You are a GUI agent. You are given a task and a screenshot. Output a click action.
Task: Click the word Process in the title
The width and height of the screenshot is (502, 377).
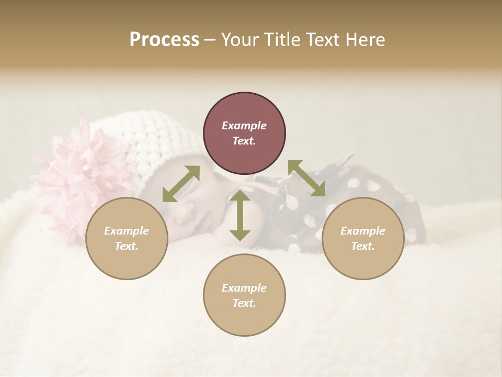click(x=164, y=40)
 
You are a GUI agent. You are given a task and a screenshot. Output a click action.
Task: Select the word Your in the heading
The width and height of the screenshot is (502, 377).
click(x=241, y=40)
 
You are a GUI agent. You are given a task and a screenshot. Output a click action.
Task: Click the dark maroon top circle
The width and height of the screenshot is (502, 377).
click(x=244, y=110)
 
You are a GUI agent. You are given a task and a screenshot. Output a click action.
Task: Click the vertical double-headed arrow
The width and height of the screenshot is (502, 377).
click(x=240, y=215)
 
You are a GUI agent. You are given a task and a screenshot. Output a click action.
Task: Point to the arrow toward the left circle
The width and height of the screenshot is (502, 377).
click(x=181, y=184)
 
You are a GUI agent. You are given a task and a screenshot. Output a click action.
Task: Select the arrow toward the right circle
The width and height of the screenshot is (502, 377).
click(x=306, y=178)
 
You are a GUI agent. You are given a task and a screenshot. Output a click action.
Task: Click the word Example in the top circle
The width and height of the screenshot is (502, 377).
click(x=244, y=126)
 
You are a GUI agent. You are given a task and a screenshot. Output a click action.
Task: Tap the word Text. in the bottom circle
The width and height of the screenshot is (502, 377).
click(x=244, y=303)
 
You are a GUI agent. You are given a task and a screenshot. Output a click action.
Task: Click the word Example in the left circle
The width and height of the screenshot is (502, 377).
click(x=127, y=231)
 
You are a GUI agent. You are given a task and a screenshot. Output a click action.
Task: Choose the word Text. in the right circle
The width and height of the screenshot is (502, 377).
click(x=363, y=246)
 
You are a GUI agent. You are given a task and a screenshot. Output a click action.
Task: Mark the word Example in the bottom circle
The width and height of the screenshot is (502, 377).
click(x=244, y=288)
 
